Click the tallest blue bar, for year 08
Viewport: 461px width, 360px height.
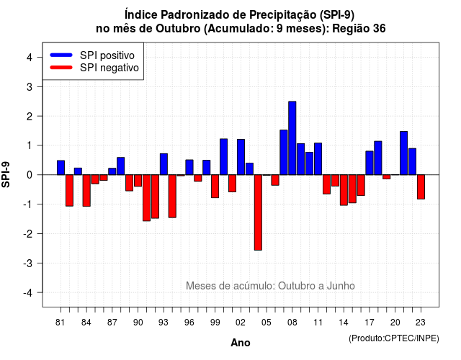coord(292,138)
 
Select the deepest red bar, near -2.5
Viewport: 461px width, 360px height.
coord(258,212)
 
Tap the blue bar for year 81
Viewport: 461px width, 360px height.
coord(61,168)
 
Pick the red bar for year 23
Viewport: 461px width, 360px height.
coord(421,187)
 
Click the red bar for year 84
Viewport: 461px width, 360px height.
coord(86,190)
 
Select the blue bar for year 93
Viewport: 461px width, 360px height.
coord(164,164)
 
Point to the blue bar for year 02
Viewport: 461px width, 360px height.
coord(241,157)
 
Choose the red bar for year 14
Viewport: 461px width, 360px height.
coord(344,190)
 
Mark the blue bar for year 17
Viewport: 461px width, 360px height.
coord(370,163)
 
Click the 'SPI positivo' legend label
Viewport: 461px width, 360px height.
coord(107,55)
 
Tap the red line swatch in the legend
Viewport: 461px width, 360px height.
coord(61,68)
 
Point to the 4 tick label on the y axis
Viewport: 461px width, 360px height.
coord(30,58)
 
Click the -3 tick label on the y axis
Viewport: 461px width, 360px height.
coord(27,264)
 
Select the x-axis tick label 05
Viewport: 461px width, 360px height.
coord(266,323)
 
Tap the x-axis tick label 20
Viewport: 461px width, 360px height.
coord(395,323)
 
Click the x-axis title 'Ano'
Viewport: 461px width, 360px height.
coord(240,343)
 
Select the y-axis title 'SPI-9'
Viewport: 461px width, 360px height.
coord(6,174)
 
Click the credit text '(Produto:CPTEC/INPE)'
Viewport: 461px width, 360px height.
coord(394,338)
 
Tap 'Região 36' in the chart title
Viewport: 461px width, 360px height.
coord(359,29)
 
